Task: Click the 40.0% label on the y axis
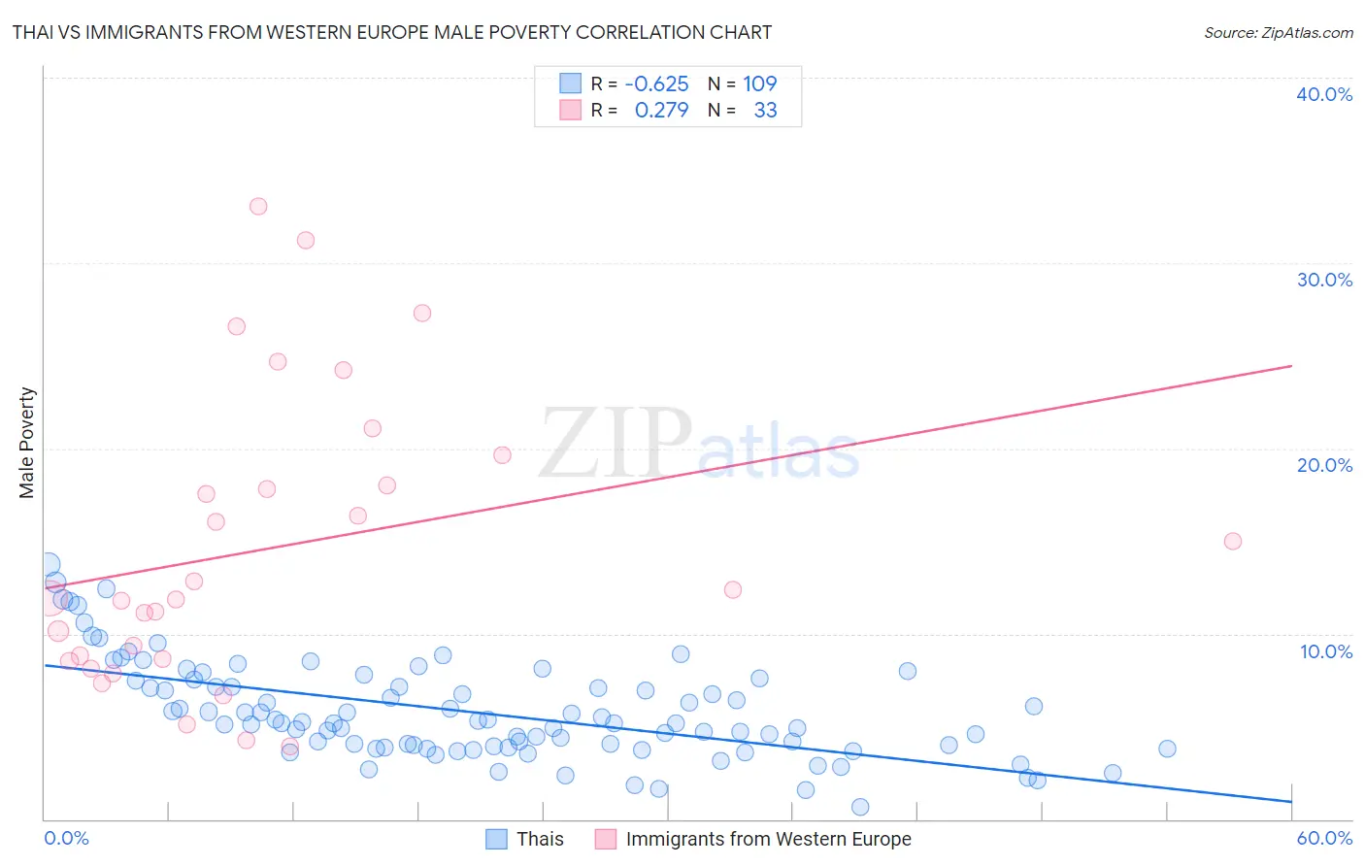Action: click(x=1323, y=94)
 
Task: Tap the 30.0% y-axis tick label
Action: click(x=1323, y=280)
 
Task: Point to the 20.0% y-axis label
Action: click(x=1323, y=465)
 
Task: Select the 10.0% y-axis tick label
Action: click(x=1325, y=651)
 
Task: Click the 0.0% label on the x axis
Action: click(x=66, y=838)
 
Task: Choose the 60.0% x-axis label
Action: click(x=1324, y=838)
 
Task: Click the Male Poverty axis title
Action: click(x=27, y=443)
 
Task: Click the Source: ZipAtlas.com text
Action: click(x=1278, y=32)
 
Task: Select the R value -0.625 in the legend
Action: click(x=656, y=83)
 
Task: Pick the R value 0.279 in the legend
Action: click(x=661, y=110)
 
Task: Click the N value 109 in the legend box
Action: click(x=759, y=83)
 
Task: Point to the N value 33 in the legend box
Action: click(x=765, y=110)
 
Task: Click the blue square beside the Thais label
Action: click(x=496, y=839)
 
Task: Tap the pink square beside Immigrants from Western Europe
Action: click(x=606, y=839)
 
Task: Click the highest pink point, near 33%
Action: click(x=258, y=206)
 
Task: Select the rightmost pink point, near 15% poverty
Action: click(x=1233, y=541)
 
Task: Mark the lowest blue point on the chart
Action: click(x=860, y=807)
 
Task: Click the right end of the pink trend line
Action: click(x=1291, y=366)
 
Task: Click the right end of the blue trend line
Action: click(x=1291, y=801)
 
